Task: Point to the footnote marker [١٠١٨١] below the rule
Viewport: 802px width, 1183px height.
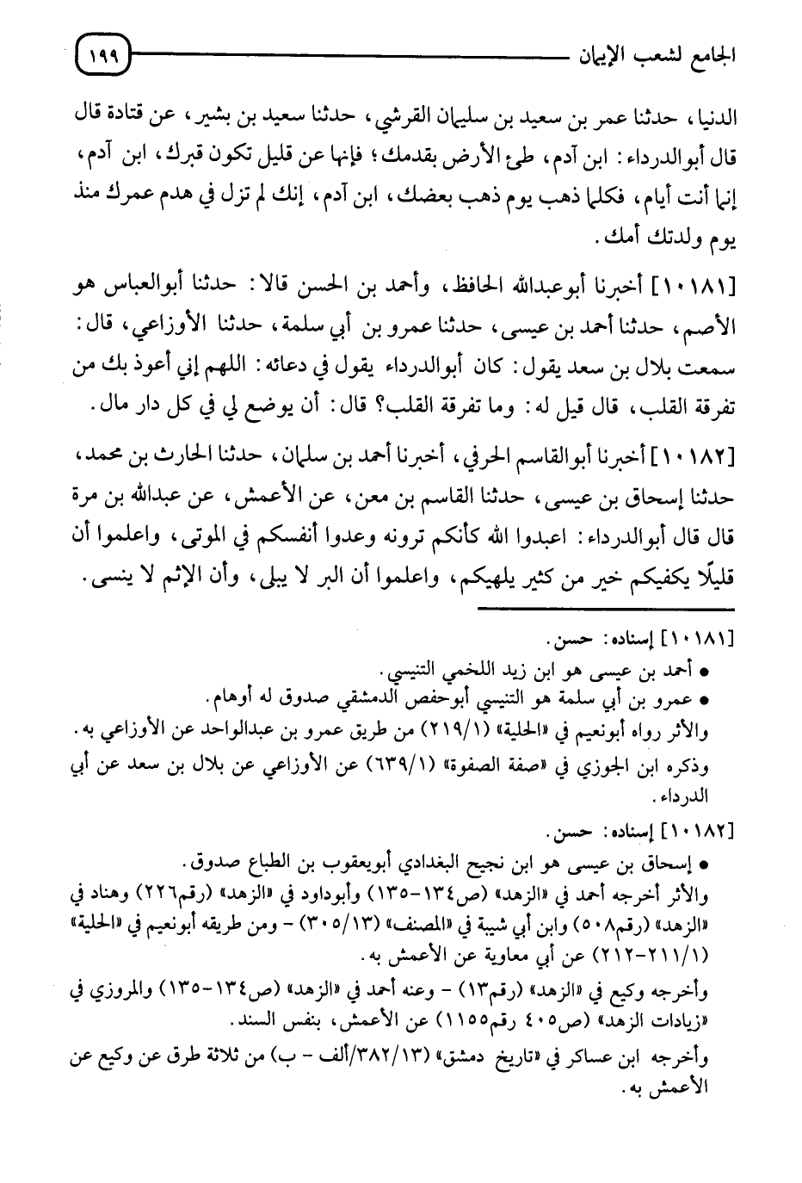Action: click(x=699, y=641)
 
